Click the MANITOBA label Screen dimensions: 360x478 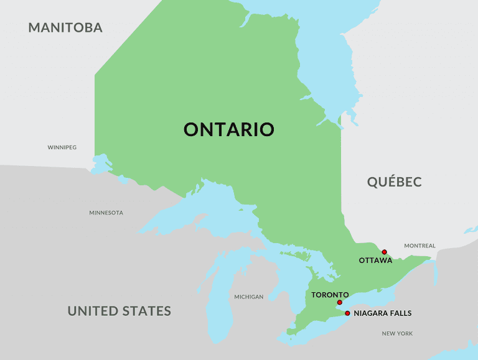65,27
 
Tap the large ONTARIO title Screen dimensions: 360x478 229,129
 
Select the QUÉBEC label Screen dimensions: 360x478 394,182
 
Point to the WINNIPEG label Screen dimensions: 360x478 62,147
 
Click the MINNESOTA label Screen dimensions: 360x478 106,213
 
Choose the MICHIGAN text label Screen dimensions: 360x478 248,297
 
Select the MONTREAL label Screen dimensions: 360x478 419,246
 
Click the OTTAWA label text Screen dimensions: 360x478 375,261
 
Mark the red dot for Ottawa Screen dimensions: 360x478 385,252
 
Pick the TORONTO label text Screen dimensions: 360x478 330,295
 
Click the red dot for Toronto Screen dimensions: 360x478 339,303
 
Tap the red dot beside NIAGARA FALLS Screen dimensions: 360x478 347,313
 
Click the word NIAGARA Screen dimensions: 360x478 372,313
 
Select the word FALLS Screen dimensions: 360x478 401,313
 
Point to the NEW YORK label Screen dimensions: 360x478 397,334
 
